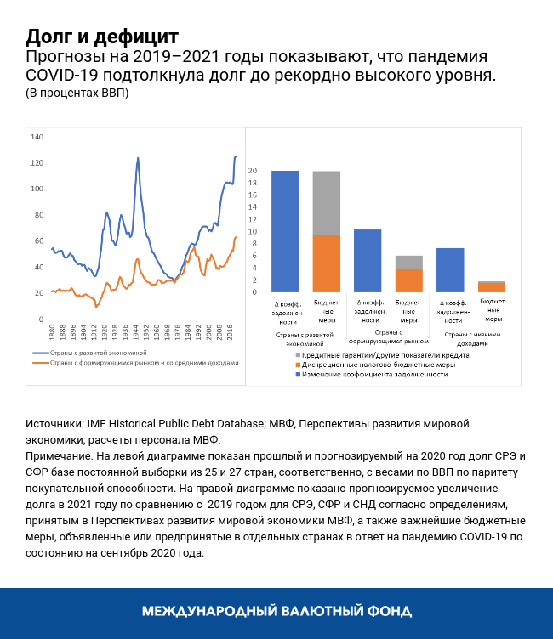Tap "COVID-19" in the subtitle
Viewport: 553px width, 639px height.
[x=63, y=76]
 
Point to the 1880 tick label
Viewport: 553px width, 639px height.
[x=52, y=331]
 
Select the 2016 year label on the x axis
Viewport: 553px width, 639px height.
[x=230, y=331]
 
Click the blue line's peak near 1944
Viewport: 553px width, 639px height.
[x=138, y=158]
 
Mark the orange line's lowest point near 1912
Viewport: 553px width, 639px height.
[x=96, y=306]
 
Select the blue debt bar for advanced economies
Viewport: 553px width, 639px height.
[x=284, y=231]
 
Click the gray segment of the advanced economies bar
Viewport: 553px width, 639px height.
[x=327, y=202]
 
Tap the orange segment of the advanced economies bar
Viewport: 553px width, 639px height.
[x=327, y=263]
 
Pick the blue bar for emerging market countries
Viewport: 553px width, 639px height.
[x=367, y=261]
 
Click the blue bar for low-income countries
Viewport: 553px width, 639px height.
[x=449, y=270]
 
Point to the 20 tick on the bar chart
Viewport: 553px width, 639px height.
[x=253, y=171]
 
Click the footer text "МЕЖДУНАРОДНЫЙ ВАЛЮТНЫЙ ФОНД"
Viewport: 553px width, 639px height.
[x=276, y=611]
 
